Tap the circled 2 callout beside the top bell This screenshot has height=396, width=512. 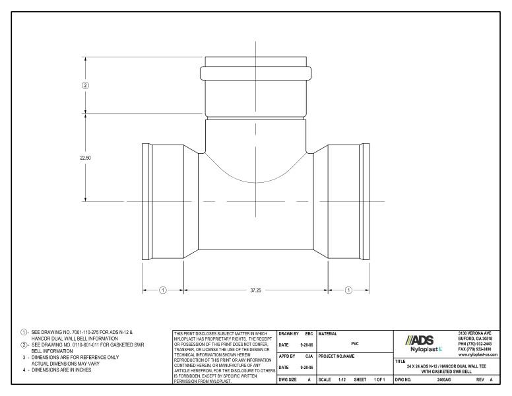tap(85, 85)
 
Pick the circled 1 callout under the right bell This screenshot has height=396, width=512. tap(348, 289)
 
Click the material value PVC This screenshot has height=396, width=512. tap(354, 344)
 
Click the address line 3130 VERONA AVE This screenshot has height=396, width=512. tap(480, 332)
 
